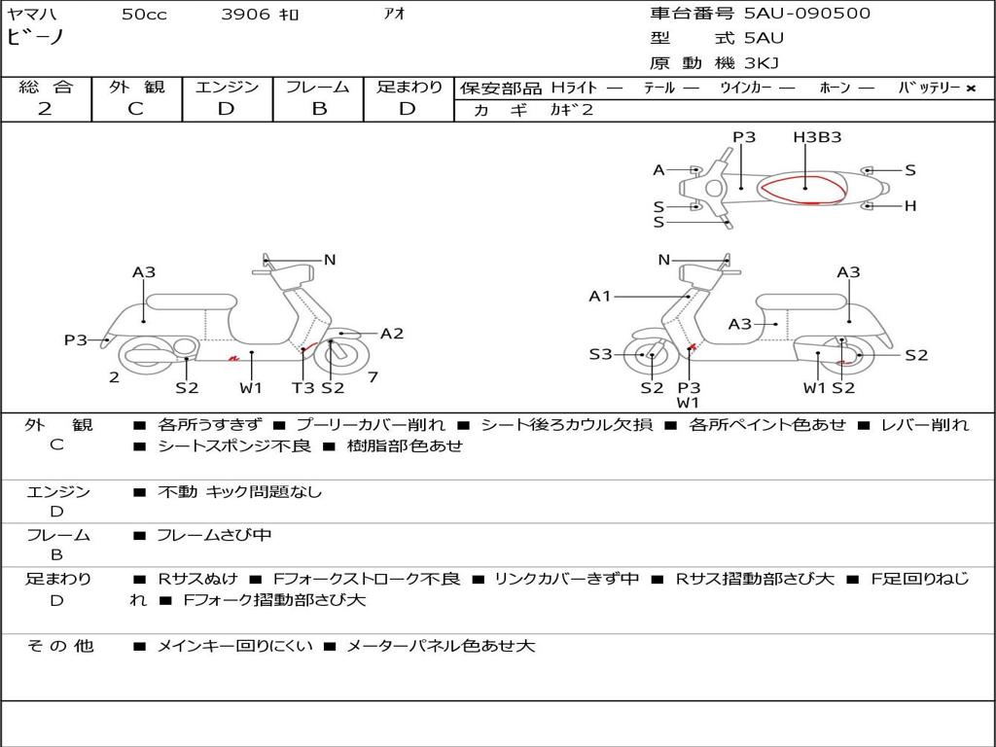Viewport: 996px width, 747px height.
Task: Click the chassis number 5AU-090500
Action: click(x=807, y=14)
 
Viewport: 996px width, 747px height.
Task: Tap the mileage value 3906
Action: click(x=245, y=15)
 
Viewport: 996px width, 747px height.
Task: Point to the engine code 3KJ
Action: click(x=762, y=63)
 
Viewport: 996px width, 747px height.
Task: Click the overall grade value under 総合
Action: click(x=45, y=109)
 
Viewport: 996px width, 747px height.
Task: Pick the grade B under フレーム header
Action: click(x=318, y=109)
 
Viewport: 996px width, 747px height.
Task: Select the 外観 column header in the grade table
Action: click(x=136, y=88)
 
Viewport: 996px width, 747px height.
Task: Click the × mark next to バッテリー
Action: click(x=970, y=89)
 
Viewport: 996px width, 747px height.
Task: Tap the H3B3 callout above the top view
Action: click(x=816, y=137)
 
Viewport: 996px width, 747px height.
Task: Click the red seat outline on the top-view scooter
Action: click(x=803, y=189)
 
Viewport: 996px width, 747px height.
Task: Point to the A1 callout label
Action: click(x=600, y=296)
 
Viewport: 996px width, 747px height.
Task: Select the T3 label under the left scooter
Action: click(x=302, y=387)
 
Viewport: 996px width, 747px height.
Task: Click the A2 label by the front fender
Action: click(x=392, y=334)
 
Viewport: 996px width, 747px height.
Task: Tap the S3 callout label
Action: click(x=600, y=355)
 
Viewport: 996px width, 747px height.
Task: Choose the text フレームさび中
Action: click(x=214, y=535)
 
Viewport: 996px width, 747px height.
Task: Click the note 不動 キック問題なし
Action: click(x=239, y=492)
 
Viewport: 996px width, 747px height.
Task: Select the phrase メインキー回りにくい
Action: click(x=234, y=646)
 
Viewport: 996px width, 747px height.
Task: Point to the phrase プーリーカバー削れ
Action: click(x=370, y=425)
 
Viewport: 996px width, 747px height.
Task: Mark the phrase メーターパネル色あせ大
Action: click(x=441, y=646)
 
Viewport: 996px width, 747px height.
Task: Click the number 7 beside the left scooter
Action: click(x=373, y=377)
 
